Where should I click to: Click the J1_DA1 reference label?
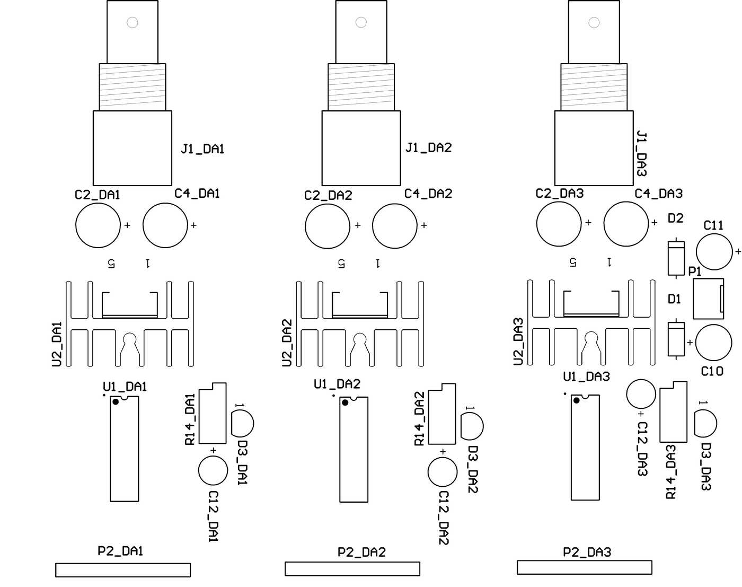point(202,149)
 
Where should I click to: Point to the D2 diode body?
point(676,258)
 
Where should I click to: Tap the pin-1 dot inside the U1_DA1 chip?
point(116,402)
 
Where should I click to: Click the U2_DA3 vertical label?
point(518,341)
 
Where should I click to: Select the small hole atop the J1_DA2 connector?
point(361,22)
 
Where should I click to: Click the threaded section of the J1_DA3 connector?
point(594,87)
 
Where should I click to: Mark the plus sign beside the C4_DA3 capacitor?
point(654,223)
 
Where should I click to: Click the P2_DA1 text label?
point(120,551)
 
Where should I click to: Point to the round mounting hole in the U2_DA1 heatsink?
point(130,338)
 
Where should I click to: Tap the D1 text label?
point(674,299)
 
